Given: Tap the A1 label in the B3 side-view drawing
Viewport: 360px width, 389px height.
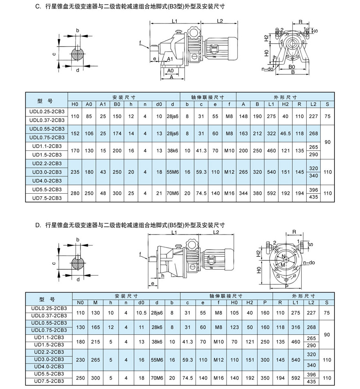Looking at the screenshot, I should pyautogui.click(x=170, y=59).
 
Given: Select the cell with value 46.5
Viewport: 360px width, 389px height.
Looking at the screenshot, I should pyautogui.click(x=285, y=133).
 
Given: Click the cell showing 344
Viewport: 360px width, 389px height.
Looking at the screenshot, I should pyautogui.click(x=244, y=193).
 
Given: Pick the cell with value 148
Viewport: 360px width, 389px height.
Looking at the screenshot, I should pyautogui.click(x=244, y=116).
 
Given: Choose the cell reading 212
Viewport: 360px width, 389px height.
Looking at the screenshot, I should pyautogui.click(x=257, y=133).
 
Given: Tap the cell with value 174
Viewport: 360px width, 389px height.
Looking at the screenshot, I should pyautogui.click(x=117, y=133).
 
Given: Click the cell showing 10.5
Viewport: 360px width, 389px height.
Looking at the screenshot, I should pyautogui.click(x=141, y=313).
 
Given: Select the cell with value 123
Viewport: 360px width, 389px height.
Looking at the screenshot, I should pyautogui.click(x=234, y=327).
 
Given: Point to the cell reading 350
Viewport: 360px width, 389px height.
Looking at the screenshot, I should pyautogui.click(x=265, y=377).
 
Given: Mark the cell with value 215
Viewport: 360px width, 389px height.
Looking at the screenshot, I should pyautogui.click(x=95, y=342).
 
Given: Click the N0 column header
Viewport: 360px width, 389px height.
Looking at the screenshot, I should pyautogui.click(x=80, y=302).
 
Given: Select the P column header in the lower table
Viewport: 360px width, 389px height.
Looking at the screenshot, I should pyautogui.click(x=265, y=302).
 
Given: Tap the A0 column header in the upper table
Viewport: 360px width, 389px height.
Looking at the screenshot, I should pyautogui.click(x=89, y=104).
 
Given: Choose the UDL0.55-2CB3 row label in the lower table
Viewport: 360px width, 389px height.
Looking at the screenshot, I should pyautogui.click(x=49, y=323).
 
